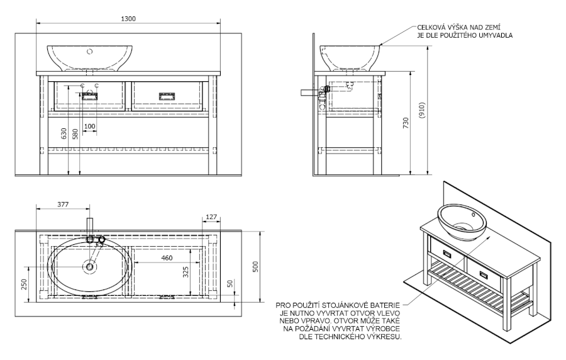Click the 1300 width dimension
pos(128,18)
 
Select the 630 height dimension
pos(63,133)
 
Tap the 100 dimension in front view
pos(89,127)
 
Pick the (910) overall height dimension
pos(423,113)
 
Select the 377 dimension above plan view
pos(62,205)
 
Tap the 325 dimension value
pos(186,272)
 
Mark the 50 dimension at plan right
pos(230,284)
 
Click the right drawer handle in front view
pos(167,96)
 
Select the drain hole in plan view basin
pos(90,267)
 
